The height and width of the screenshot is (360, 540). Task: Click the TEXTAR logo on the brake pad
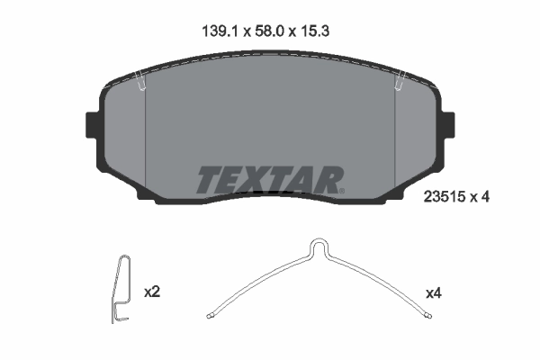(x=269, y=180)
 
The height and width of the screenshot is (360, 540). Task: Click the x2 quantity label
(x=152, y=292)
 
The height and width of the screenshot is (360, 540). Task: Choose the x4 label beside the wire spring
(x=435, y=293)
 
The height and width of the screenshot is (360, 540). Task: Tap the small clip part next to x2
(x=121, y=288)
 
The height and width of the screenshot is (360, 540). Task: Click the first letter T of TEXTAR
(x=208, y=180)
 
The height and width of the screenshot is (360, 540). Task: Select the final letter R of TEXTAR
(x=330, y=180)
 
